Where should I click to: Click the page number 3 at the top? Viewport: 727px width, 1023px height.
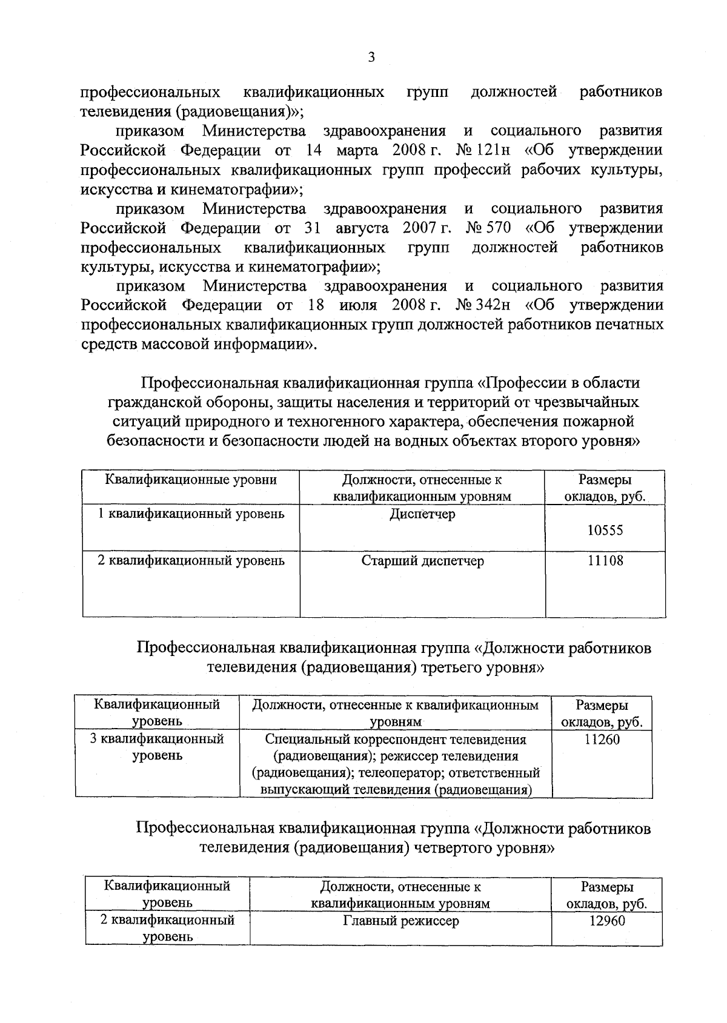click(x=371, y=58)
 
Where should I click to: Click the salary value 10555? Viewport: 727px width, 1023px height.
click(x=605, y=531)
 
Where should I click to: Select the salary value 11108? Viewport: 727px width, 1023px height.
click(x=605, y=561)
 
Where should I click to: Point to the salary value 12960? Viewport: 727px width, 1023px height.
click(x=607, y=921)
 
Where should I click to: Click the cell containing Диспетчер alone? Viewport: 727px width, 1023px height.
click(x=422, y=514)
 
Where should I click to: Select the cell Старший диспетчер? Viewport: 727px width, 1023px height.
click(x=422, y=561)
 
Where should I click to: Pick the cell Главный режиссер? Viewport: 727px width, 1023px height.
click(x=401, y=921)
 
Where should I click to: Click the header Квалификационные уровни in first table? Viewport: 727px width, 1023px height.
click(x=191, y=480)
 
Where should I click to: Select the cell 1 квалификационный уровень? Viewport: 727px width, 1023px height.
click(x=191, y=514)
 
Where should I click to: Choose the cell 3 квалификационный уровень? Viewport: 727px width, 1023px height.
click(x=157, y=747)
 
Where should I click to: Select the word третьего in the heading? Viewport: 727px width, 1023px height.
click(x=455, y=668)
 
